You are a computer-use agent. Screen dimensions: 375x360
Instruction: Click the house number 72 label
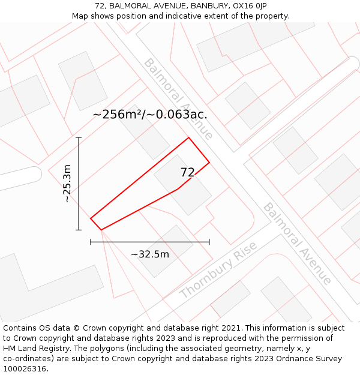[188, 172]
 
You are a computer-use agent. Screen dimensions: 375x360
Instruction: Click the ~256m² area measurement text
[150, 114]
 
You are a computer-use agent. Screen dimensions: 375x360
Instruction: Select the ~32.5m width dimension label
[150, 254]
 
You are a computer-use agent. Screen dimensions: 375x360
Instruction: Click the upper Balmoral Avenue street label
[178, 98]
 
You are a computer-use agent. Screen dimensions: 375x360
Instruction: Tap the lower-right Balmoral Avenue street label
[297, 243]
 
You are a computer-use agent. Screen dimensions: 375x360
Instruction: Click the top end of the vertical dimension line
[79, 137]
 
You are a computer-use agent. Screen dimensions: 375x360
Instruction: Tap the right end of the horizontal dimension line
[209, 242]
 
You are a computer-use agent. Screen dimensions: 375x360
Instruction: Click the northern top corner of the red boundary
[189, 137]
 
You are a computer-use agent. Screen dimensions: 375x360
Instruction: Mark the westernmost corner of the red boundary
[91, 218]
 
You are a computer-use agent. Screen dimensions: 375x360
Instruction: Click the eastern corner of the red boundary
[209, 162]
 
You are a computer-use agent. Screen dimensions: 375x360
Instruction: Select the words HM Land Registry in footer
[31, 349]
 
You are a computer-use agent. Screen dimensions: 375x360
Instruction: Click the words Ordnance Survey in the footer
[311, 359]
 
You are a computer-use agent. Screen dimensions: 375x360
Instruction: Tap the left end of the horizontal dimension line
[91, 242]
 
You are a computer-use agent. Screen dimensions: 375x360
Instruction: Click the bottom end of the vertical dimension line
[79, 230]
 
